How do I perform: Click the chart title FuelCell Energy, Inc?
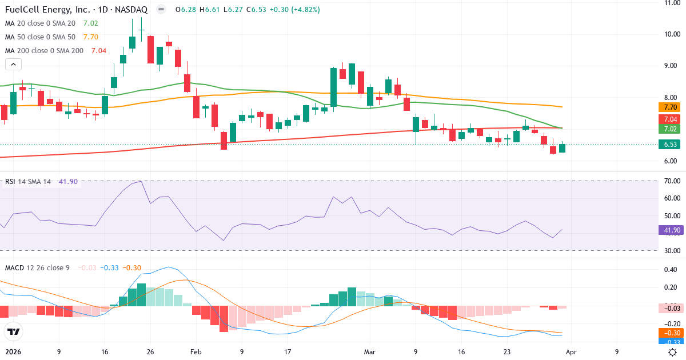pos(46,10)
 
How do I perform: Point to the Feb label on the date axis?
pos(196,353)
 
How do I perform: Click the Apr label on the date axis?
pos(572,353)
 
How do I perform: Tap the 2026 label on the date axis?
pos(13,353)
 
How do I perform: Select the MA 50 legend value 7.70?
pos(91,37)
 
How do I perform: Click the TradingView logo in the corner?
pos(13,331)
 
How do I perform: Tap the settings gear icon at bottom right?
pos(673,353)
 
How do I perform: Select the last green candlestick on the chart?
pos(562,148)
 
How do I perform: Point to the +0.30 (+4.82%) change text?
pos(295,10)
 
